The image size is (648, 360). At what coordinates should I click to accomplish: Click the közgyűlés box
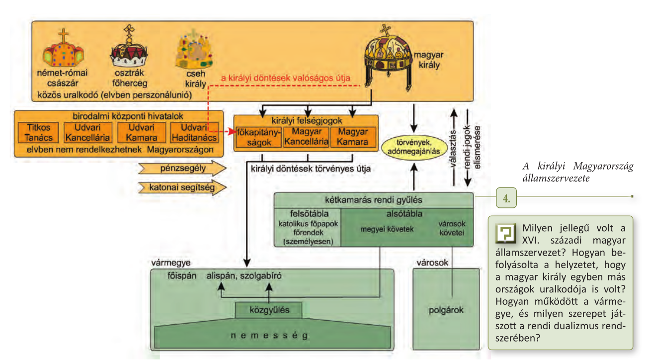[x=269, y=311]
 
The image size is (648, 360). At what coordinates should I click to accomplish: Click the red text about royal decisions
[x=286, y=78]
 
